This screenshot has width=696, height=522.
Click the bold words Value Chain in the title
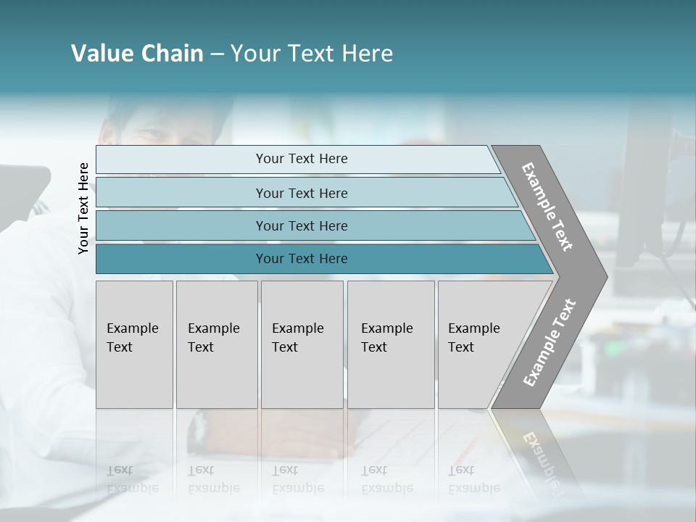tap(137, 54)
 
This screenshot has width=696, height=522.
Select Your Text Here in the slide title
tap(312, 54)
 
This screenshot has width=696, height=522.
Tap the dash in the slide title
tap(217, 54)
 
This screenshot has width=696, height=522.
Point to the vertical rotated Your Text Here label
tap(83, 208)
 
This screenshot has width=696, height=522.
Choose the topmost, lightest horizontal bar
tap(302, 159)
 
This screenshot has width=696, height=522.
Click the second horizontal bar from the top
tap(302, 193)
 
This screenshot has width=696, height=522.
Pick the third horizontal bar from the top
tap(302, 225)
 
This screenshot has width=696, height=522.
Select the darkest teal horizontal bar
tap(302, 259)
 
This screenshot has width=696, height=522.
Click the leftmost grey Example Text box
tap(134, 344)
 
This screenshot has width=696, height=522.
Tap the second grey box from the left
tap(217, 344)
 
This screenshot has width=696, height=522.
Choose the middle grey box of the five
tap(302, 344)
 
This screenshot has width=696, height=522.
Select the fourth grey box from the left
tap(391, 344)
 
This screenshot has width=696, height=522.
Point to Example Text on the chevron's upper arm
tap(547, 207)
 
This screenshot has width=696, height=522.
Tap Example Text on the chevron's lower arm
tap(550, 342)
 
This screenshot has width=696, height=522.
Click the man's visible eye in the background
tap(149, 135)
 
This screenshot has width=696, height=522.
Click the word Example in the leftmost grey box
tap(132, 328)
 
